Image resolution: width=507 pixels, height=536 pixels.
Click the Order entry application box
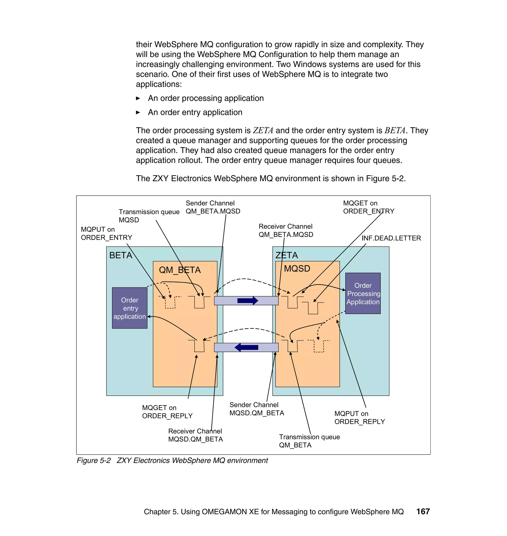[x=129, y=308]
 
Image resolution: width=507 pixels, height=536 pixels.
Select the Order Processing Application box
[x=363, y=293]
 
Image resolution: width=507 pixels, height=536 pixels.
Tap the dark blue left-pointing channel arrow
[x=246, y=347]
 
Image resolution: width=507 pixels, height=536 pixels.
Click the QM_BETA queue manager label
[x=180, y=270]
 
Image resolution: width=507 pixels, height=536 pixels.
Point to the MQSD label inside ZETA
[x=297, y=268]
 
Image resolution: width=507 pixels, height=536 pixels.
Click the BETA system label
[x=121, y=255]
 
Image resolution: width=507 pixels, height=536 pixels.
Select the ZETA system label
[x=286, y=255]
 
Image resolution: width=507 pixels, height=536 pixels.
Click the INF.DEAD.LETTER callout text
[x=391, y=238]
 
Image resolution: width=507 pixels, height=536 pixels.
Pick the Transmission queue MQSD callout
[x=149, y=216]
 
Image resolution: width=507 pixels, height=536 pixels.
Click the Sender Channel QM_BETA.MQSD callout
[x=213, y=207]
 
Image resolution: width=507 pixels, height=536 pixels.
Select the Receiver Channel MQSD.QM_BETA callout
[x=195, y=435]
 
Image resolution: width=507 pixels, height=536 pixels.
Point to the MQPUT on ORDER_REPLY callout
[x=359, y=418]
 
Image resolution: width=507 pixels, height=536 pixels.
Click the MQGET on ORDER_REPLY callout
[x=167, y=412]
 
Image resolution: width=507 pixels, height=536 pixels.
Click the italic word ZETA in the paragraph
[x=263, y=131]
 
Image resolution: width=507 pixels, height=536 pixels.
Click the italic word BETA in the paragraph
[x=395, y=131]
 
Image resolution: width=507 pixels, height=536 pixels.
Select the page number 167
[x=423, y=512]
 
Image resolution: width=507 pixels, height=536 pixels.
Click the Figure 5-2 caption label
[x=94, y=460]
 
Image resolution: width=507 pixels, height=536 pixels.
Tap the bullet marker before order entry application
[x=138, y=112]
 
